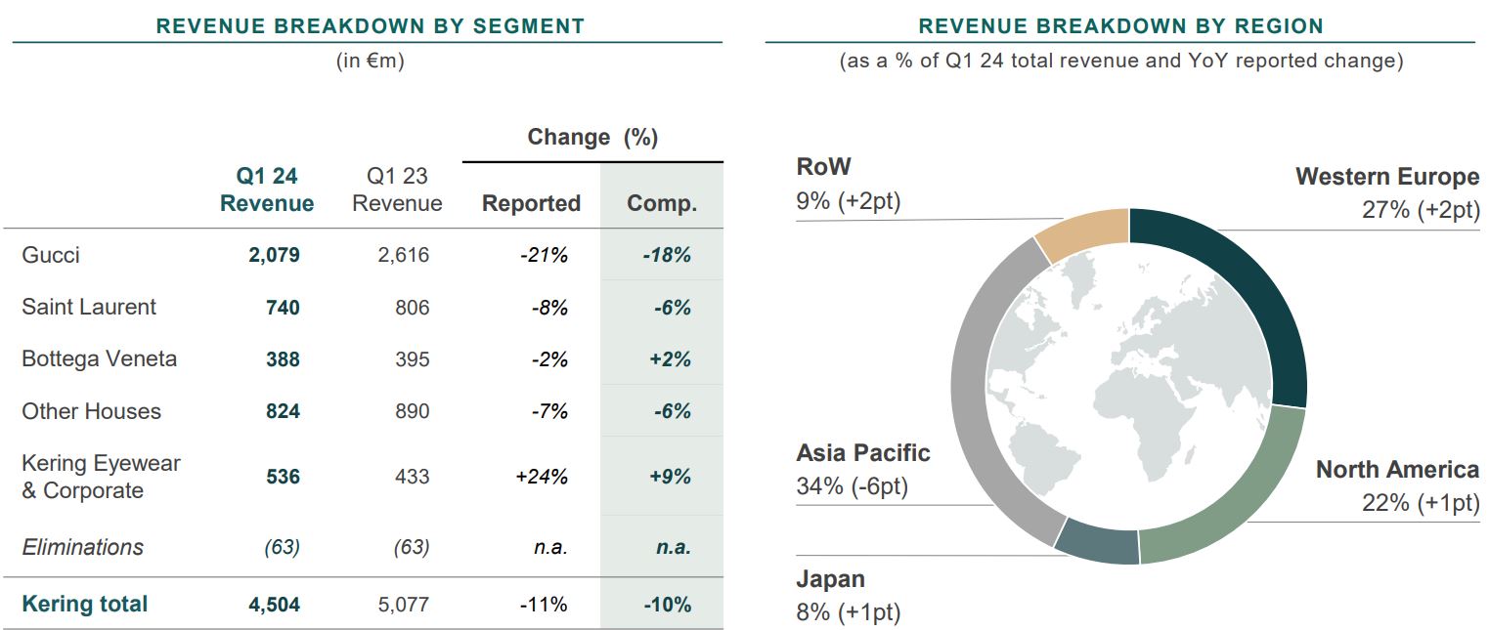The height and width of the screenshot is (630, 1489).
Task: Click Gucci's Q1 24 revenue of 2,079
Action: click(x=274, y=256)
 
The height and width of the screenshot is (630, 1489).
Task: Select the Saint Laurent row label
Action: click(x=89, y=308)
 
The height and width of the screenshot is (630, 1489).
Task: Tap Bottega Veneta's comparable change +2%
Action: click(x=670, y=359)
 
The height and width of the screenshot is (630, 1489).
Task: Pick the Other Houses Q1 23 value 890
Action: click(x=412, y=411)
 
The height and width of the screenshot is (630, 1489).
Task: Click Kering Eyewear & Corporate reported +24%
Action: click(x=542, y=478)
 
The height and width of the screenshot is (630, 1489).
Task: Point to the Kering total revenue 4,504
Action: click(x=274, y=605)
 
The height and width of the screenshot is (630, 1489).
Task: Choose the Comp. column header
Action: click(x=662, y=204)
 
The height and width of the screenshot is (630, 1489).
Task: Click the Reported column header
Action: click(x=531, y=204)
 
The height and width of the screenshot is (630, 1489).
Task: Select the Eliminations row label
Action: click(x=82, y=547)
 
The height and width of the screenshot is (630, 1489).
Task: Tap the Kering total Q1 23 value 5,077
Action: click(x=403, y=605)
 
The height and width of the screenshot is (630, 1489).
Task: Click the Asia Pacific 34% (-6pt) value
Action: click(x=852, y=486)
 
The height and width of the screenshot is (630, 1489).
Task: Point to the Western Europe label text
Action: click(x=1386, y=177)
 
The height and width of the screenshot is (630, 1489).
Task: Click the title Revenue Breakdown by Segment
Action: click(x=370, y=26)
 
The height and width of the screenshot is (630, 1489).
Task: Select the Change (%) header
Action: click(x=592, y=138)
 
